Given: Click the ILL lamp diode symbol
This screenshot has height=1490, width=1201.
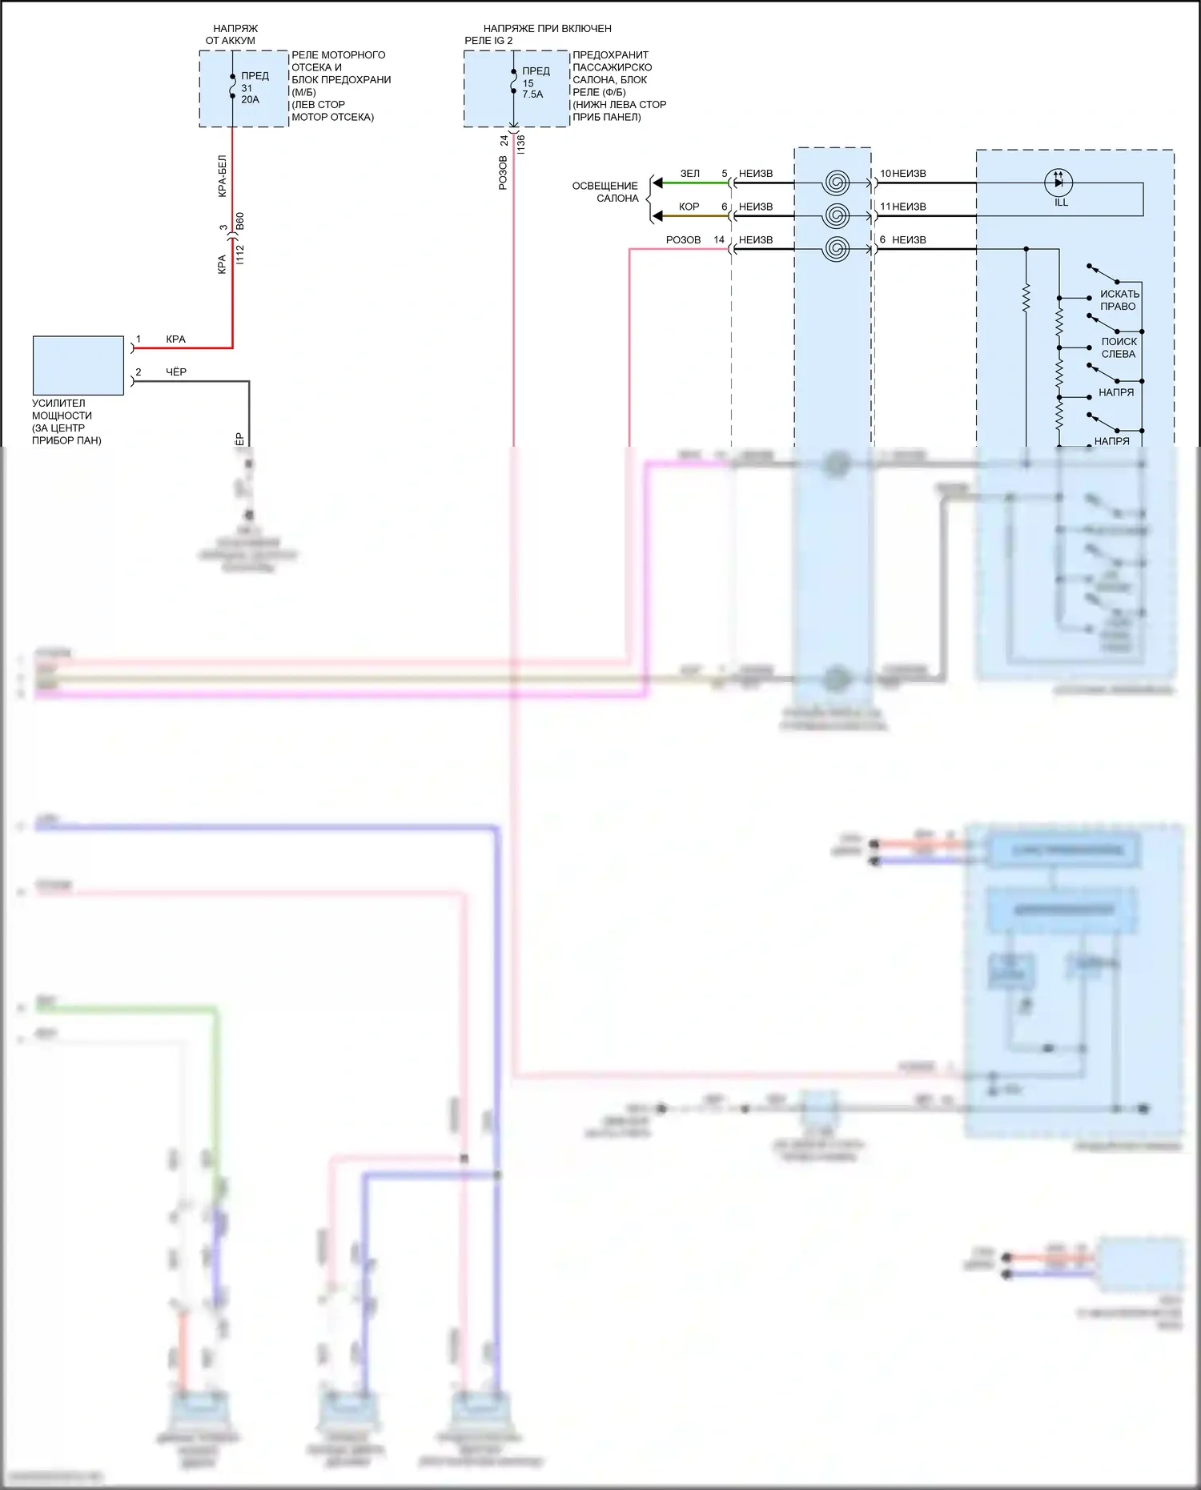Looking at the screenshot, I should (x=1058, y=183).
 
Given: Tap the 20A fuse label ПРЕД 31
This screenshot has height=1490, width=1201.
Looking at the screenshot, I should (x=255, y=82).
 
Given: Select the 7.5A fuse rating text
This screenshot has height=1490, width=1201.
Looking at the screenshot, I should (x=532, y=94).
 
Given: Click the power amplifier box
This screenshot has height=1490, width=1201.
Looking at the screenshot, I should (x=78, y=365).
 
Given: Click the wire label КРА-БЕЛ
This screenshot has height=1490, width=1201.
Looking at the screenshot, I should (x=223, y=176).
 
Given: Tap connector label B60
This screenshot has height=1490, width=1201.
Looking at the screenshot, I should (x=240, y=222).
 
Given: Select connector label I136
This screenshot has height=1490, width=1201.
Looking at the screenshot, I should (x=521, y=144).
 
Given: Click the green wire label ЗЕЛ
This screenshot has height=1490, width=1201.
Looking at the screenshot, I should (x=689, y=173).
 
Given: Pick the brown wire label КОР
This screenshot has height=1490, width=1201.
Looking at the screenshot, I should (x=689, y=207).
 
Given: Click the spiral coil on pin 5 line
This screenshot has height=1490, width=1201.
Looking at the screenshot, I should (x=835, y=183).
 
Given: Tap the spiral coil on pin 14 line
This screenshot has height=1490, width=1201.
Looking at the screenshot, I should (x=835, y=249).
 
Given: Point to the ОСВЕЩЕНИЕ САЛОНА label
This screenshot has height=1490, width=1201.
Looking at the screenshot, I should (x=605, y=192).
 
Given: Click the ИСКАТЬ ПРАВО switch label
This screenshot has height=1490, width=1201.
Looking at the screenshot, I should (x=1119, y=300).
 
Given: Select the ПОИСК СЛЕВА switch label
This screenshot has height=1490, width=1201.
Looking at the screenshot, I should (x=1119, y=347).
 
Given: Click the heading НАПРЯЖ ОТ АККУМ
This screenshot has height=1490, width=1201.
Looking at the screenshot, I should (x=232, y=34).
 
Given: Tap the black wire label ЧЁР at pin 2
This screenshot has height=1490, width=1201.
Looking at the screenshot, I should (x=176, y=371).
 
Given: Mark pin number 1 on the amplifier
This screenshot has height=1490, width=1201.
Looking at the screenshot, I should (x=139, y=339).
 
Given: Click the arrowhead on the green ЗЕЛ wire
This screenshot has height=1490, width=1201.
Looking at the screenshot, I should (x=657, y=183).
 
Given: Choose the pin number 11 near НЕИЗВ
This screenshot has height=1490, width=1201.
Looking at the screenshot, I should (x=885, y=207).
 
